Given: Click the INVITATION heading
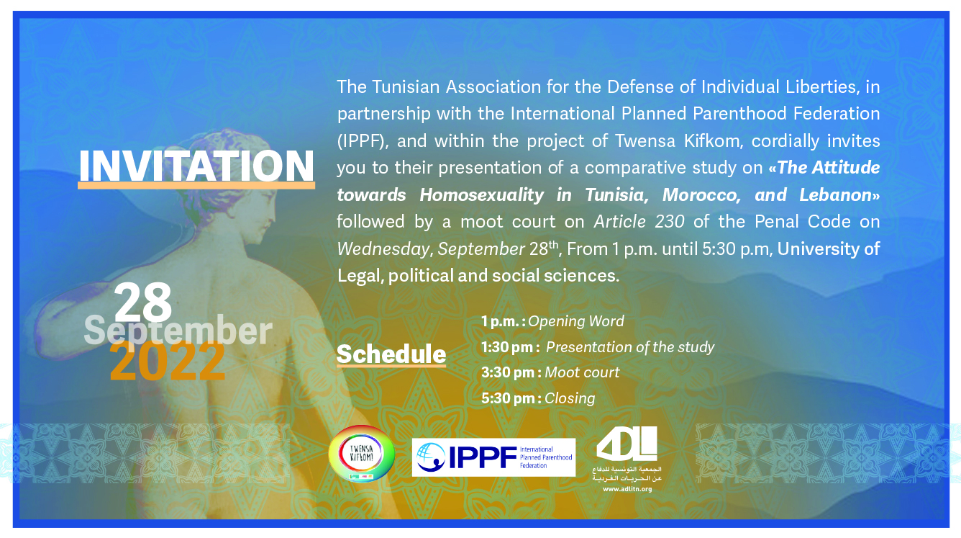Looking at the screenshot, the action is (196, 166).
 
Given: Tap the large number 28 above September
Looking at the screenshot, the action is (143, 302).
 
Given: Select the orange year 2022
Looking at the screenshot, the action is (168, 361).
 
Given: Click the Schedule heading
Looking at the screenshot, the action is (391, 354).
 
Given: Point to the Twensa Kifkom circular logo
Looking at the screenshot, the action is (361, 454).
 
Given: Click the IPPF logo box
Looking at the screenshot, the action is (493, 457).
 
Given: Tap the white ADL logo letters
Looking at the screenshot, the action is (627, 444).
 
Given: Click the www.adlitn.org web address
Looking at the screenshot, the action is (627, 489).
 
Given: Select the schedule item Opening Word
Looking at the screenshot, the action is (575, 321).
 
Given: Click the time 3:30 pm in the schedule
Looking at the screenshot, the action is (508, 372).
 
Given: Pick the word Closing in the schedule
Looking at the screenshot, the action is (570, 398).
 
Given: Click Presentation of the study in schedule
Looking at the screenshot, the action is (630, 347).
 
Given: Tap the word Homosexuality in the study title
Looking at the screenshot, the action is (482, 195).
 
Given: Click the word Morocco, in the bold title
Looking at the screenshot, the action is (701, 195).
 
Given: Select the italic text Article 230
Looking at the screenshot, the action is (639, 222).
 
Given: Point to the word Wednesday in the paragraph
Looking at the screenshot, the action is (383, 249).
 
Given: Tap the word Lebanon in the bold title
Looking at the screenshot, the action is (835, 195).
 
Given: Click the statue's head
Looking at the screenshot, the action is (245, 181).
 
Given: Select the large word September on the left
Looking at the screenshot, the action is (178, 331).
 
